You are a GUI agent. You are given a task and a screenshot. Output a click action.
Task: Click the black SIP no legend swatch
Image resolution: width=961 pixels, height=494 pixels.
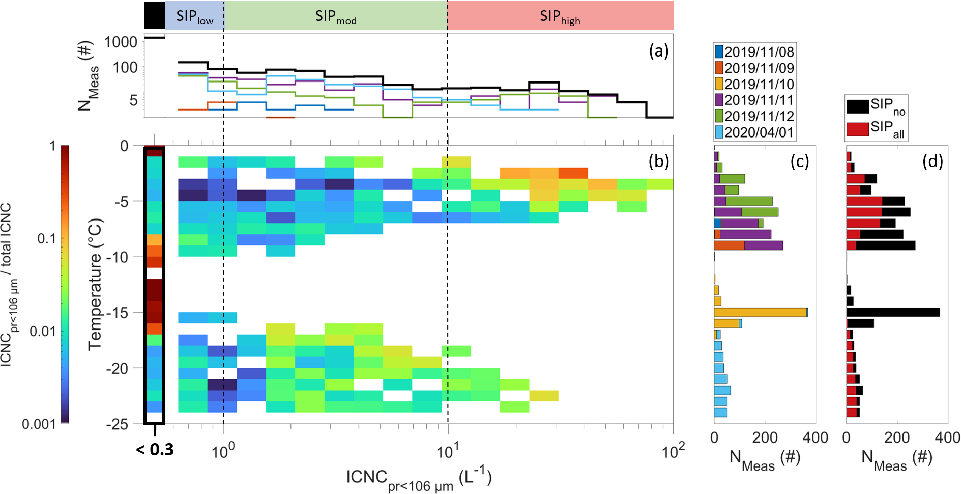(x=857, y=106)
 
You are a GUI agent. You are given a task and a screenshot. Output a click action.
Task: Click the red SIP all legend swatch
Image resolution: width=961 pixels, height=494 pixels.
(x=857, y=129)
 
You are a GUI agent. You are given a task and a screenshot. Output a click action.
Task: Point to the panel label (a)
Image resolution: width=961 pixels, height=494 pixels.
(x=659, y=51)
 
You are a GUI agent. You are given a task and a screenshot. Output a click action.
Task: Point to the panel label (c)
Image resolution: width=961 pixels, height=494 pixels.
(x=800, y=161)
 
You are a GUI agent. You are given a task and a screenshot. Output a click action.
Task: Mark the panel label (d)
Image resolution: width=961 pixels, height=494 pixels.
(x=933, y=161)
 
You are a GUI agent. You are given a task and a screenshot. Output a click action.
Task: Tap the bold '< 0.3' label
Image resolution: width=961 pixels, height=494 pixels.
(x=155, y=450)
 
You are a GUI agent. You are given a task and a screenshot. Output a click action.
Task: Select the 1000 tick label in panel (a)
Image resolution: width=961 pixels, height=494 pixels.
(x=121, y=42)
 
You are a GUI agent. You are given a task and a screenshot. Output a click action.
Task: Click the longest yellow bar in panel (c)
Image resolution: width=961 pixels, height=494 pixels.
(x=760, y=312)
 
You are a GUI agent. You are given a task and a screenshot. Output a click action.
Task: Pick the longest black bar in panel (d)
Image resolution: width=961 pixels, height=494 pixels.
(x=893, y=312)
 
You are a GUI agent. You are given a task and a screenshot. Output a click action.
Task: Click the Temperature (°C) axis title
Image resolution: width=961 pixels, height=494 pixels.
(x=96, y=284)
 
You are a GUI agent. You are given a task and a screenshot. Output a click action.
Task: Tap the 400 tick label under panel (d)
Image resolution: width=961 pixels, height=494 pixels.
(x=947, y=437)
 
